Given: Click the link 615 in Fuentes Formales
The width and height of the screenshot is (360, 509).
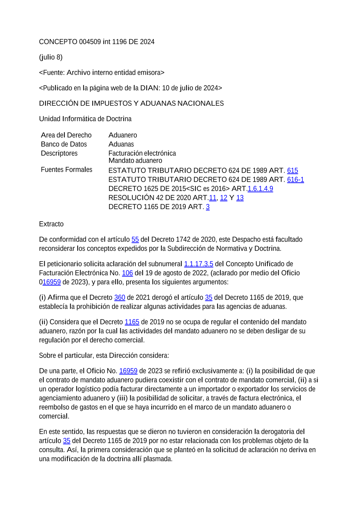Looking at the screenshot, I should pyautogui.click(x=292, y=171).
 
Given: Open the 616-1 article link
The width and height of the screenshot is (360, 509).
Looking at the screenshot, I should pyautogui.click(x=295, y=179).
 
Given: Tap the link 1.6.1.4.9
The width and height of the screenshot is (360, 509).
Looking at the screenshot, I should pyautogui.click(x=260, y=188).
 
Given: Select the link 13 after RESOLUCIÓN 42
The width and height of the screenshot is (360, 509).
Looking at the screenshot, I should pyautogui.click(x=240, y=198).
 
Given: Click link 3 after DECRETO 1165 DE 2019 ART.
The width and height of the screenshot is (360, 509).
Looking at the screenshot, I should pyautogui.click(x=208, y=207).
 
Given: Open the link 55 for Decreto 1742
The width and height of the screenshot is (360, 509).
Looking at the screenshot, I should pyautogui.click(x=135, y=240).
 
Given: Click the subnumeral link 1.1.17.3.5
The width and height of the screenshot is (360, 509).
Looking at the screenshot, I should pyautogui.click(x=198, y=264).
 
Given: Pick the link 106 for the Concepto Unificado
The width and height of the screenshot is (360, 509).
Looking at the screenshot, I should pyautogui.click(x=127, y=273).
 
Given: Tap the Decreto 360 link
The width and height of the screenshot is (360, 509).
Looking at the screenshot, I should pyautogui.click(x=120, y=297).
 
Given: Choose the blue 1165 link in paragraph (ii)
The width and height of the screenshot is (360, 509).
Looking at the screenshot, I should pyautogui.click(x=132, y=322).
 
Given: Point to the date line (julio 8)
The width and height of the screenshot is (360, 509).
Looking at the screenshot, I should pyautogui.click(x=51, y=57).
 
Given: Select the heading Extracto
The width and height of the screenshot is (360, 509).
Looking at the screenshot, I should pyautogui.click(x=51, y=224).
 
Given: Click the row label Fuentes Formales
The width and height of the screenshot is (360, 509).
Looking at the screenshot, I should pyautogui.click(x=67, y=170).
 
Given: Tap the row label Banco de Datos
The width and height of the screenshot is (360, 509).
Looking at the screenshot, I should pyautogui.click(x=64, y=144).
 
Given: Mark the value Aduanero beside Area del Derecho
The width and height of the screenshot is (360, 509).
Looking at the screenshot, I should pyautogui.click(x=123, y=135).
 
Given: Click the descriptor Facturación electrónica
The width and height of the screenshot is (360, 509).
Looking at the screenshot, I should pyautogui.click(x=142, y=153).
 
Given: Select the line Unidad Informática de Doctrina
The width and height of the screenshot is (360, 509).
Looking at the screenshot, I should pyautogui.click(x=85, y=119).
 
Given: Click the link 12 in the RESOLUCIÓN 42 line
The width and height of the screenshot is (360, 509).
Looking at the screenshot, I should pyautogui.click(x=224, y=198).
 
